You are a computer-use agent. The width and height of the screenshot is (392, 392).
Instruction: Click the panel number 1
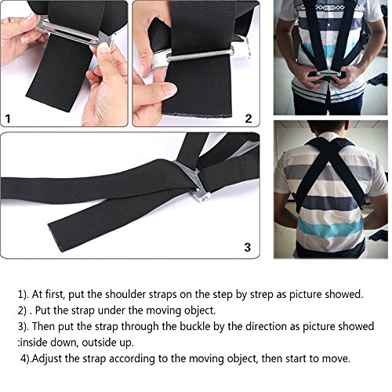(x=8, y=119)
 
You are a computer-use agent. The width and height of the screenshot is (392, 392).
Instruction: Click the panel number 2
(x=249, y=118)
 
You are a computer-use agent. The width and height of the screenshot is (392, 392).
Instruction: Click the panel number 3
(x=247, y=247)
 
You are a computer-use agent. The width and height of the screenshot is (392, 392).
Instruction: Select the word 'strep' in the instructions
(x=262, y=295)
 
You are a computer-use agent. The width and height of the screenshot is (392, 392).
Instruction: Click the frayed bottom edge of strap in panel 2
(x=197, y=114)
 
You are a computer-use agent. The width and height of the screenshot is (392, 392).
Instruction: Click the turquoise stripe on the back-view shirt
(x=331, y=227)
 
